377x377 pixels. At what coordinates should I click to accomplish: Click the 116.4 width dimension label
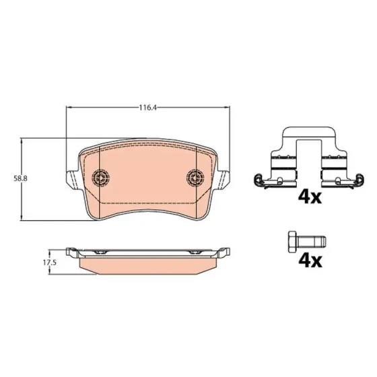(148, 108)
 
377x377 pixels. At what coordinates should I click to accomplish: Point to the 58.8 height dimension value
(20, 178)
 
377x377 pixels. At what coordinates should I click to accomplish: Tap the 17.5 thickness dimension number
(50, 263)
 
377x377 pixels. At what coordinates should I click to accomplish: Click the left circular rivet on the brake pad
(100, 178)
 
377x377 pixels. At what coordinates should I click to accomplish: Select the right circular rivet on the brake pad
(195, 178)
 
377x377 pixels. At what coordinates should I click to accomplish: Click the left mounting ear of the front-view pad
(72, 180)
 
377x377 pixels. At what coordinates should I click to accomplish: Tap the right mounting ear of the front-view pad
(224, 180)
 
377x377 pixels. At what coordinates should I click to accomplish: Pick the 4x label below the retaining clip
(310, 197)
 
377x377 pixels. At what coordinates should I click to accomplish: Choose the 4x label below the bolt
(310, 261)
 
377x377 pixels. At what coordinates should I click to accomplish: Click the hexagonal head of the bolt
(292, 242)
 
